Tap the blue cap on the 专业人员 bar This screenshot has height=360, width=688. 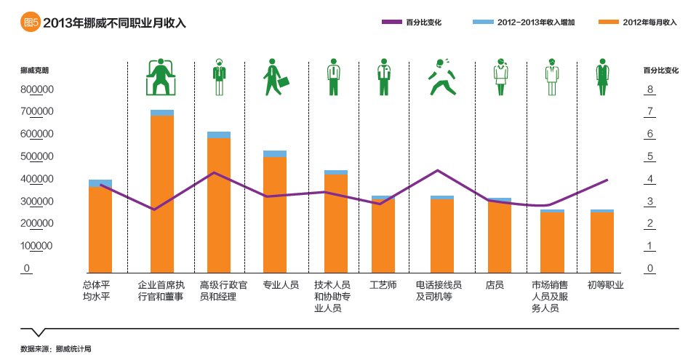[274, 153]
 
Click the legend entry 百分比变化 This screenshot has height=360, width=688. [412, 23]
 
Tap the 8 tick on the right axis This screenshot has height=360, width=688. [649, 90]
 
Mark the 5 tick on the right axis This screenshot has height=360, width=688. [649, 157]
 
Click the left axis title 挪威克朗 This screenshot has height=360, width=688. [35, 71]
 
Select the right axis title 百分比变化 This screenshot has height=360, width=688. [660, 71]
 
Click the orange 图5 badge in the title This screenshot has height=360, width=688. [30, 23]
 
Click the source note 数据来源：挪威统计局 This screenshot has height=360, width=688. [56, 348]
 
